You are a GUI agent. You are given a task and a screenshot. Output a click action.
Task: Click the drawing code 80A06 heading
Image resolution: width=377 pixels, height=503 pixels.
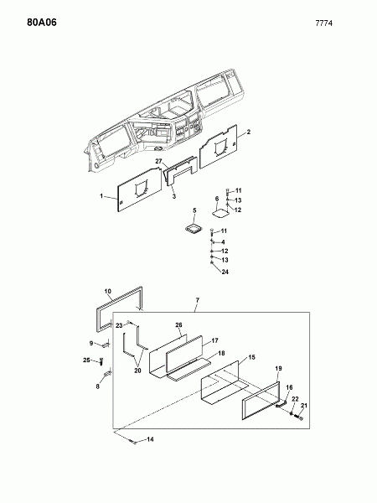click(x=42, y=23)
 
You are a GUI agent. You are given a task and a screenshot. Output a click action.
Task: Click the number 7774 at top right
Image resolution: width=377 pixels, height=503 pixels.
click(x=323, y=23)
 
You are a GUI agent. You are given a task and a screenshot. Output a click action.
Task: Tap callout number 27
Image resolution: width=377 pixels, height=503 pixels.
click(x=159, y=161)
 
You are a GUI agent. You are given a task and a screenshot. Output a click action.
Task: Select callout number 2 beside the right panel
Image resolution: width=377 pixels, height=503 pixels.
click(x=249, y=132)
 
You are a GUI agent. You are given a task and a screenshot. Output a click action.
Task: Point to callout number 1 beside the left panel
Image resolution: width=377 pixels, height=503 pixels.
click(x=101, y=195)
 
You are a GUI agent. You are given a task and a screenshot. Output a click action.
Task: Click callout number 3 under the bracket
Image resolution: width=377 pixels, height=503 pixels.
click(x=174, y=196)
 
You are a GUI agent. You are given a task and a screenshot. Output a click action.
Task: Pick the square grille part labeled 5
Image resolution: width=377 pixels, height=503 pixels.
click(x=194, y=229)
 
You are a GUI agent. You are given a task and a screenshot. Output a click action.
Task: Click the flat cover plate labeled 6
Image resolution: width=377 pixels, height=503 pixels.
click(x=221, y=214)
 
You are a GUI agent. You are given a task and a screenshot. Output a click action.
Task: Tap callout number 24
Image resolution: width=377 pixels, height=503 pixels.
click(x=225, y=272)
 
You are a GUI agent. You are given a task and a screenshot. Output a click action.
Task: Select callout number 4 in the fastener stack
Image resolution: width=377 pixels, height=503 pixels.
click(x=223, y=242)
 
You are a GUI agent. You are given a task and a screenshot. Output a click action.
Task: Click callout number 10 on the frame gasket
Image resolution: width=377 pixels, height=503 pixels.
click(x=108, y=291)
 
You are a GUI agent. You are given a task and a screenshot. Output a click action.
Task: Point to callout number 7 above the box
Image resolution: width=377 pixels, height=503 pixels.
click(x=198, y=300)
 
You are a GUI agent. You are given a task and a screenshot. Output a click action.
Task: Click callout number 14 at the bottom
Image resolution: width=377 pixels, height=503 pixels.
click(x=150, y=439)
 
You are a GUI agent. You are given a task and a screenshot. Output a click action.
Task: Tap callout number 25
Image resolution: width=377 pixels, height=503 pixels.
click(x=86, y=360)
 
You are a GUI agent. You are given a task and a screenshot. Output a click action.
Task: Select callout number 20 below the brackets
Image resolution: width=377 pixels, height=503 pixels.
click(x=137, y=371)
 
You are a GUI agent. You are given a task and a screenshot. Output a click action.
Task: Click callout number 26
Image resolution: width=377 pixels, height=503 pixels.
click(x=178, y=325)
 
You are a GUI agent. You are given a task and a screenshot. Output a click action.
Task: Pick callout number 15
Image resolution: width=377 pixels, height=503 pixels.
click(x=252, y=357)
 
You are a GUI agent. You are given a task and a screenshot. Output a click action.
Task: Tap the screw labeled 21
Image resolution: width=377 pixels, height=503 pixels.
click(x=298, y=417)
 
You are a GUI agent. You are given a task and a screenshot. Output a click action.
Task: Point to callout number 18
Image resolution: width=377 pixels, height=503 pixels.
click(x=221, y=353)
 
